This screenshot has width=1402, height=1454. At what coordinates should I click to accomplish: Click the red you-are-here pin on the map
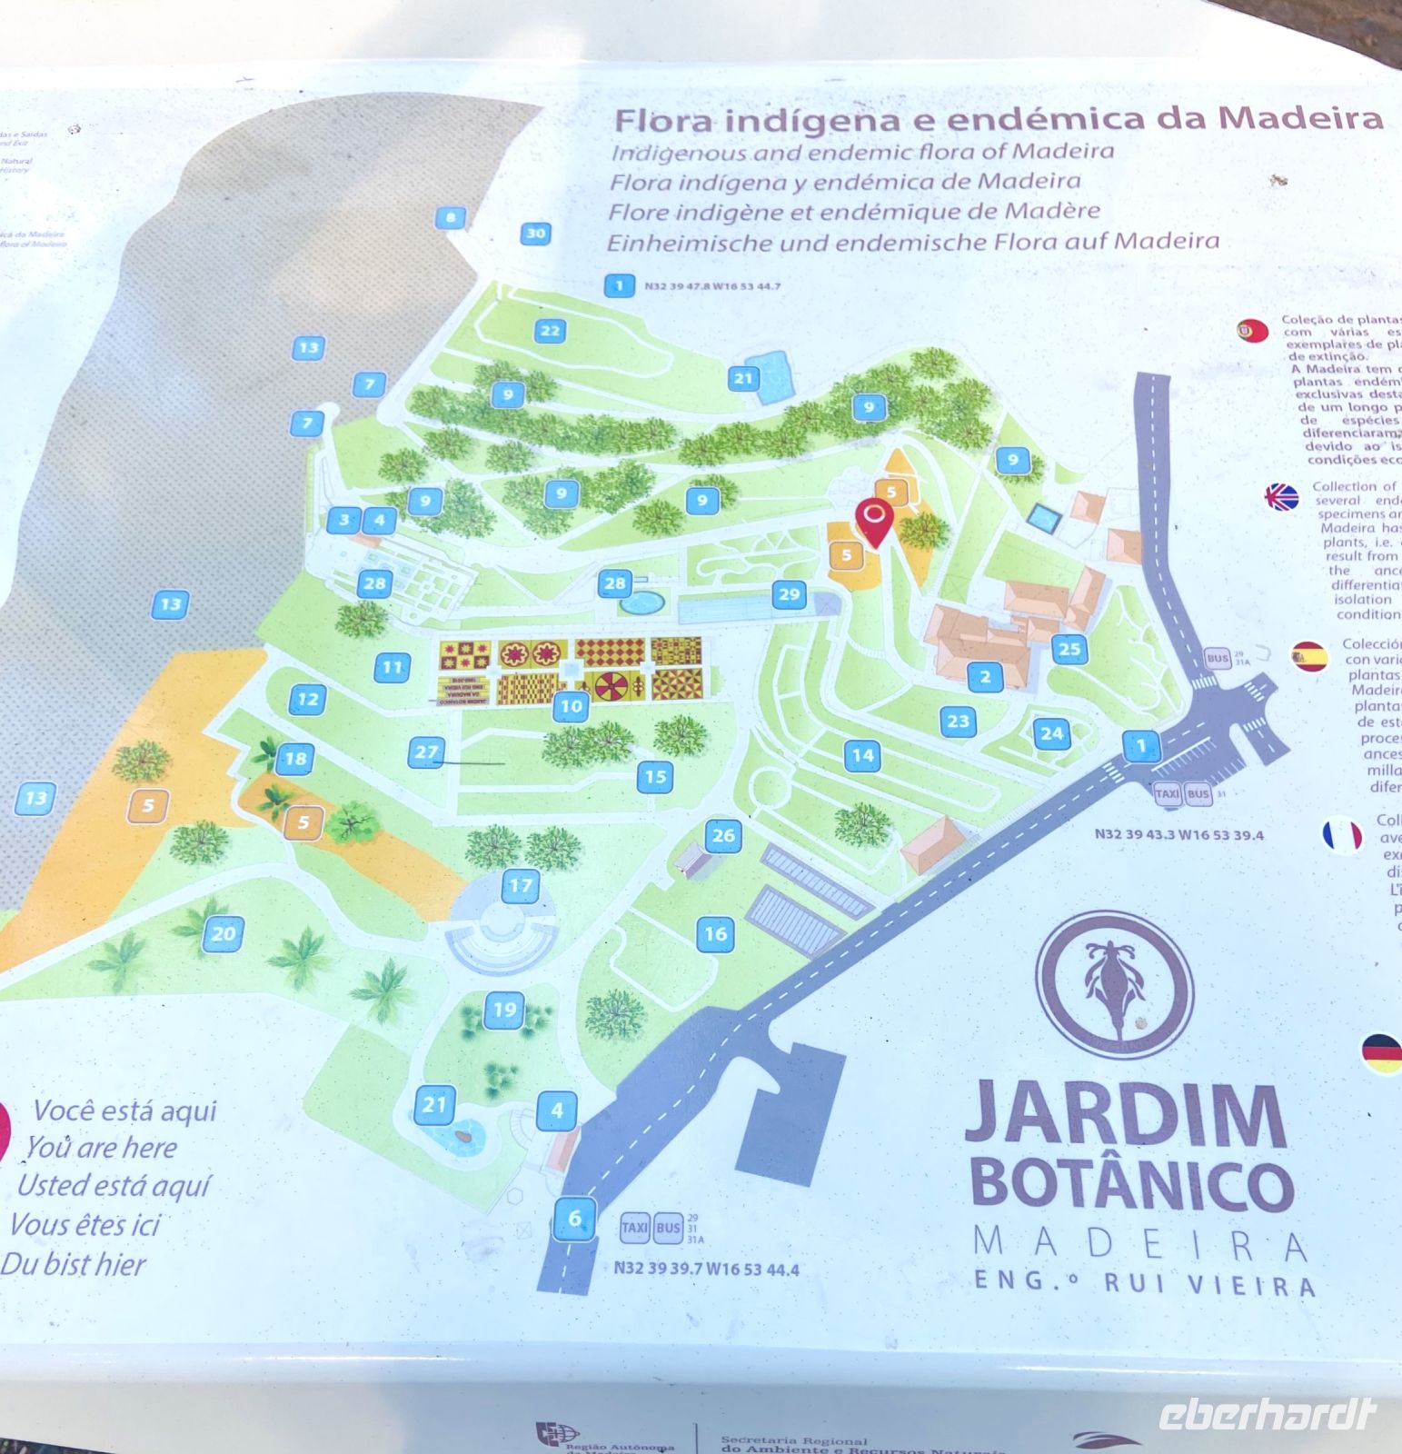[874, 521]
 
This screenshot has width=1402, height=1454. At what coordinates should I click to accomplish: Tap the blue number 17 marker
[521, 885]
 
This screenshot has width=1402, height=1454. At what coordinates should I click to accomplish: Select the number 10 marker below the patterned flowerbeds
[572, 706]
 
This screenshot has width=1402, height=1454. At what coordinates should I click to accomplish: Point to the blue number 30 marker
[536, 234]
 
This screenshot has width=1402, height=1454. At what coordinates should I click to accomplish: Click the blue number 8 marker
[450, 217]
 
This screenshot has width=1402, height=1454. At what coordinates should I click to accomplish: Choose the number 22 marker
[550, 331]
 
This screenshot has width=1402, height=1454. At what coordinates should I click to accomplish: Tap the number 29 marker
[790, 595]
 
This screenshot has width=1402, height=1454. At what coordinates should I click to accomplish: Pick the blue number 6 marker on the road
[574, 1218]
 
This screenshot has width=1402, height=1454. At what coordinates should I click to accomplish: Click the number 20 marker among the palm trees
[224, 933]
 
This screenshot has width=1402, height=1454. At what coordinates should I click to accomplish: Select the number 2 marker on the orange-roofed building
[985, 676]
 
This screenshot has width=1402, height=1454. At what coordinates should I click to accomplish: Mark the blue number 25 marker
[1069, 649]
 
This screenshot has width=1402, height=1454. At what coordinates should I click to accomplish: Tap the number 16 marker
[716, 933]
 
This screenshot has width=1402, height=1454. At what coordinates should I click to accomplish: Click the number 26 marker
[723, 836]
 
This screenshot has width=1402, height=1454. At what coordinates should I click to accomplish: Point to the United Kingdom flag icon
[1282, 497]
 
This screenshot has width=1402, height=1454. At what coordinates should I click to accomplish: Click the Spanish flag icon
[1309, 656]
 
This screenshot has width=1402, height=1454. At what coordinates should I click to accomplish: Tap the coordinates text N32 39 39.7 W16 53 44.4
[706, 1269]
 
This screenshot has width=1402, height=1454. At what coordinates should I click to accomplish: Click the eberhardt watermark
[1267, 1414]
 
